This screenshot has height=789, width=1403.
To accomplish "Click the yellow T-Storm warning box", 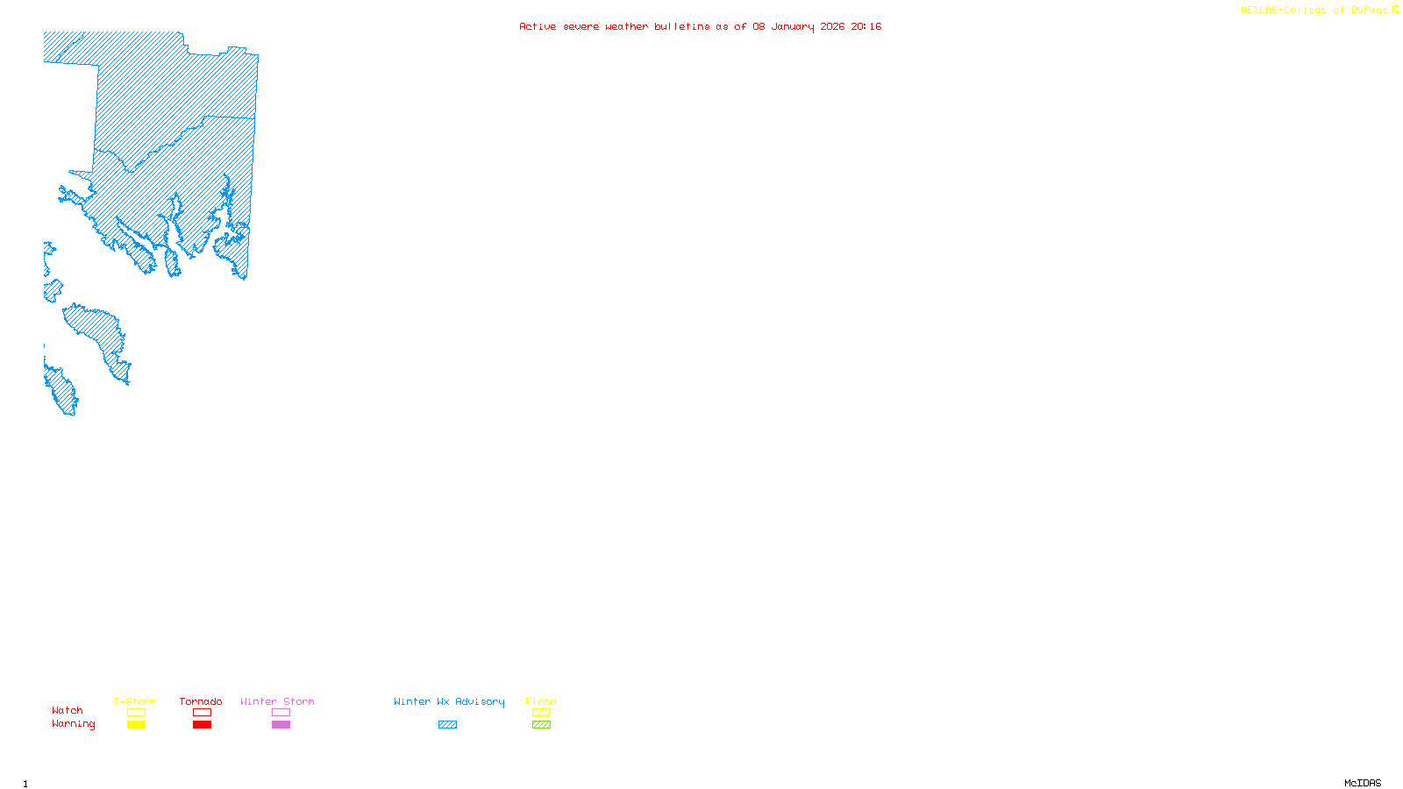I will tap(136, 725).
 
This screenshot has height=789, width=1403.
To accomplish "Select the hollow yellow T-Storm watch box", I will tap(136, 713).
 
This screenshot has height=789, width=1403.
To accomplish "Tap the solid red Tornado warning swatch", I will tap(202, 725).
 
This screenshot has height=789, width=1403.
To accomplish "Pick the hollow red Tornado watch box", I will tap(202, 713).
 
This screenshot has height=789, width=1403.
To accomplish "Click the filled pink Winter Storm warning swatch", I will tap(281, 725).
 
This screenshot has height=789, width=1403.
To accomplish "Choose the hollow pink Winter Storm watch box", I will tap(281, 713).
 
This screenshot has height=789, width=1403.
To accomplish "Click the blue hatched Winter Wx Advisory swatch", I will tap(447, 725).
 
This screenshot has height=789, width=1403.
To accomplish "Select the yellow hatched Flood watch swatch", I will tap(541, 713).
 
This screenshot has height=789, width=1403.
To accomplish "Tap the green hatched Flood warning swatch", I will tap(541, 725).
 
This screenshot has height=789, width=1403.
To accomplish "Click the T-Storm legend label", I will tap(135, 701).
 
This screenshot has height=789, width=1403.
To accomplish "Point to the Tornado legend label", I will tap(201, 701).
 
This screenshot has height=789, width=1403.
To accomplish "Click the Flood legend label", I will tap(541, 701).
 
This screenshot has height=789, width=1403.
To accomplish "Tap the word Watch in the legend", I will tap(68, 711).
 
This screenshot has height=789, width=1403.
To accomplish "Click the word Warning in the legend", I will tap(73, 724).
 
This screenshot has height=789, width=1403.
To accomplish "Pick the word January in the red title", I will tap(793, 26).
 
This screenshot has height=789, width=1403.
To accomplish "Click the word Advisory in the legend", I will tap(480, 701).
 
